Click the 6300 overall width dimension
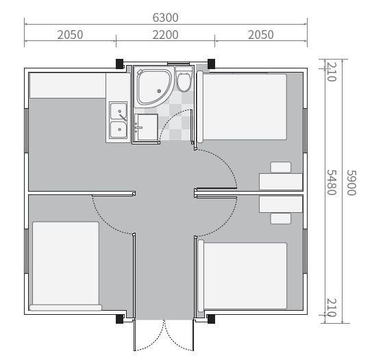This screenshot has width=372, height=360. point(165,18)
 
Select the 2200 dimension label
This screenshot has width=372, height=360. point(165,35)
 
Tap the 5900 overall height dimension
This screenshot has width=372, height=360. point(351,183)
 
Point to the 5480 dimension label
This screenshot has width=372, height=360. point(332,182)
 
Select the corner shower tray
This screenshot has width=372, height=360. point(153,87)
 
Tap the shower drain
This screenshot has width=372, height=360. point(159,91)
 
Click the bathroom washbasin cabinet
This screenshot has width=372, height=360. point(146,127)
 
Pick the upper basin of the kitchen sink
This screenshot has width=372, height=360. point(119,112)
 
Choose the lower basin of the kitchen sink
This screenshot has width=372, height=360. point(119,129)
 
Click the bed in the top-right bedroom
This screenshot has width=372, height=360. point(242,107)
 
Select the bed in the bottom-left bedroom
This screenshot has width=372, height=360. point(66,266)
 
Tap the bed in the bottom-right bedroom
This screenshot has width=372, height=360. point(242,276)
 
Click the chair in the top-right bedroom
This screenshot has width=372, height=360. point(281,167)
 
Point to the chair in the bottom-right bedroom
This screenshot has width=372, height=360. point(281,218)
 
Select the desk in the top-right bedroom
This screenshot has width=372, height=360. point(281,181)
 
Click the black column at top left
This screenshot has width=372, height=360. point(119,64)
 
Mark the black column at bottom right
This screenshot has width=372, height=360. point(211,319)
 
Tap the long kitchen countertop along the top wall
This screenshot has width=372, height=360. point(68,86)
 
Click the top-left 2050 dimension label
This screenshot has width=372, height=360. point(70,35)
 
